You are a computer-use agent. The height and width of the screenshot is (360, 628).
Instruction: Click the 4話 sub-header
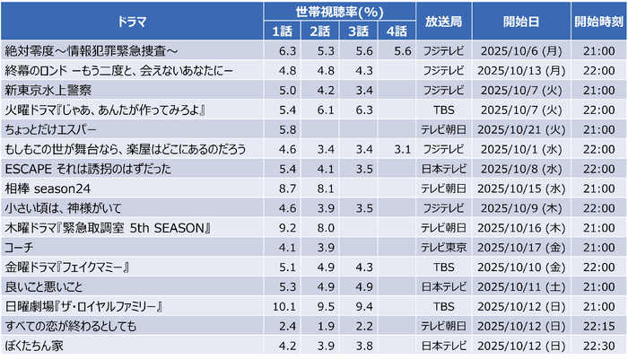tap(397, 32)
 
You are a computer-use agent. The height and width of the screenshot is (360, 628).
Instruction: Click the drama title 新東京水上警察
tap(48, 91)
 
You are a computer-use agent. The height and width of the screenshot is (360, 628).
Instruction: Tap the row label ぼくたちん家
tap(35, 343)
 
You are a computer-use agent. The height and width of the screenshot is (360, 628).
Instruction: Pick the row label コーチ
tap(19, 246)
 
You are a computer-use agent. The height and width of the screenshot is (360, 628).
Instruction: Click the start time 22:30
tap(597, 343)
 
